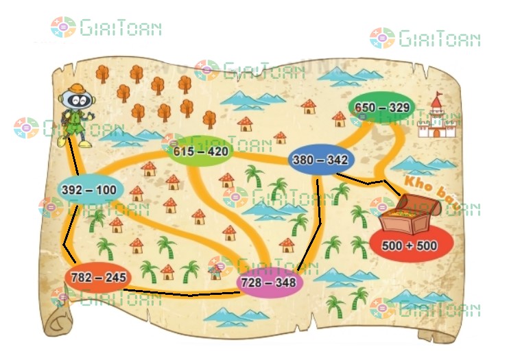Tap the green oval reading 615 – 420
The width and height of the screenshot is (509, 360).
click(x=200, y=151)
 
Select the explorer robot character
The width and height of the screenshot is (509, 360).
click(x=75, y=115)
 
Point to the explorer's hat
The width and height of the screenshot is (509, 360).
click(x=73, y=90)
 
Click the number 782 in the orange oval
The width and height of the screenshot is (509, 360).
click(x=81, y=278)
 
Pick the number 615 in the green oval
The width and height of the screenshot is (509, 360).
click(x=184, y=151)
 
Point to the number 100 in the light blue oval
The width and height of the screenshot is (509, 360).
click(x=107, y=190)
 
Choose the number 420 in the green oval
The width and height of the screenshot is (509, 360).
click(x=216, y=151)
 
